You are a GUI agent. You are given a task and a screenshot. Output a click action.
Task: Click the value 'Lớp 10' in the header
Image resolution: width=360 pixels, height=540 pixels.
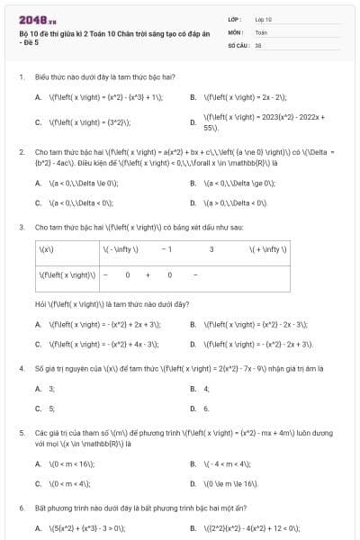tap(264, 18)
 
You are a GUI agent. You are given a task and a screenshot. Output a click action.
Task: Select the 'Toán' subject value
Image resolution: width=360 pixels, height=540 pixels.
tap(262, 31)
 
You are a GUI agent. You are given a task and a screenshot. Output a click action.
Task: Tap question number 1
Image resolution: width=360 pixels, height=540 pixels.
tap(21, 77)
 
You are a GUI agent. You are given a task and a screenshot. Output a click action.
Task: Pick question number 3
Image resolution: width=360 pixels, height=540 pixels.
tap(21, 227)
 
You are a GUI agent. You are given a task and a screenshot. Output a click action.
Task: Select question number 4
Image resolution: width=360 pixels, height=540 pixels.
tap(21, 368)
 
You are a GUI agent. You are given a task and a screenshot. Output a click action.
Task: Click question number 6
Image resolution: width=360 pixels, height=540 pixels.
tap(21, 508)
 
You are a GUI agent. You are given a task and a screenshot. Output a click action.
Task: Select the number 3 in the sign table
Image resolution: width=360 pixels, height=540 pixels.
tap(211, 248)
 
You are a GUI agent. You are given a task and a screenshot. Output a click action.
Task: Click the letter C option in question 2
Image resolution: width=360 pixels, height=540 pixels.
tap(38, 202)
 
